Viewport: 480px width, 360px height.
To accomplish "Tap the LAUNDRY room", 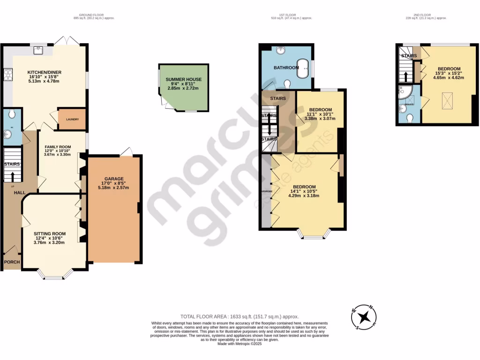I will pyautogui.click(x=72, y=119).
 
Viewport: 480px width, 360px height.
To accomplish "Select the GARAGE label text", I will pyautogui.click(x=113, y=179).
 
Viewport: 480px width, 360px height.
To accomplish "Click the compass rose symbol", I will pyautogui.click(x=363, y=317).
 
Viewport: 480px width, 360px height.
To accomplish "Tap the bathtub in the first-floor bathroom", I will pyautogui.click(x=304, y=68).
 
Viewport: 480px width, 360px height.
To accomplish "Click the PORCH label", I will pyautogui.click(x=12, y=262).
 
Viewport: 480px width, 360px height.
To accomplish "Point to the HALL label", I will pyautogui.click(x=19, y=193).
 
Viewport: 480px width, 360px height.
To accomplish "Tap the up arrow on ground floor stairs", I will pyautogui.click(x=12, y=176).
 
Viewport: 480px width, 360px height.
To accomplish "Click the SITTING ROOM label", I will pyautogui.click(x=49, y=233).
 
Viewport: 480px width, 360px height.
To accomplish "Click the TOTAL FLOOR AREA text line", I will pyautogui.click(x=240, y=317).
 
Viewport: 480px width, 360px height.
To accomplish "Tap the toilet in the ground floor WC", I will pyautogui.click(x=12, y=114).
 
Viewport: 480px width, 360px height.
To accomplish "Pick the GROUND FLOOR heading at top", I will pyautogui.click(x=93, y=15).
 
